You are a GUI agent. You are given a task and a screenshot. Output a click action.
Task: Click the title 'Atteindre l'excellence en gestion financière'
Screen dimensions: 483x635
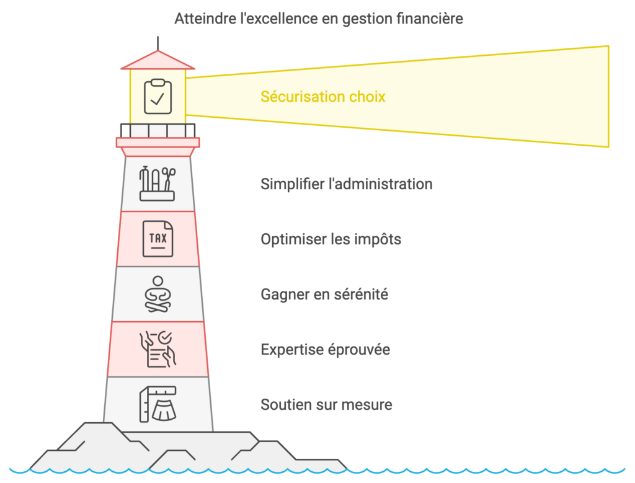coord(318,19)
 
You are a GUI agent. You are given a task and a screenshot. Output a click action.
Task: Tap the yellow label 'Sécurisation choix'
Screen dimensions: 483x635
coord(323,97)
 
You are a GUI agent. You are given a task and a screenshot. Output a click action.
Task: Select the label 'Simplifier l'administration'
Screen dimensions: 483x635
coord(347,184)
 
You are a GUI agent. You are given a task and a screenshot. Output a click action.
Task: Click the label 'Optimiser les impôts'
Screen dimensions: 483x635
coord(331,239)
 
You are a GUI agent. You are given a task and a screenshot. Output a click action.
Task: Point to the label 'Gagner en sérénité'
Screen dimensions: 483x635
coord(324,295)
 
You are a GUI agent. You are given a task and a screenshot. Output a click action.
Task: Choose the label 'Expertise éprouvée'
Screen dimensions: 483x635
coord(325,350)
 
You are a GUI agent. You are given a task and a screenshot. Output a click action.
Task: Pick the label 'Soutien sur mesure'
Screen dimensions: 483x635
coord(326,405)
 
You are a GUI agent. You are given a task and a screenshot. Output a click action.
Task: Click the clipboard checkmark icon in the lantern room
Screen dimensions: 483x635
coord(158,96)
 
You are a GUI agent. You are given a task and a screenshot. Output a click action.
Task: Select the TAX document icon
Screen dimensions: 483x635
coord(158,239)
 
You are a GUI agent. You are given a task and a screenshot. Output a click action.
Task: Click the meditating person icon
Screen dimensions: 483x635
coord(158,294)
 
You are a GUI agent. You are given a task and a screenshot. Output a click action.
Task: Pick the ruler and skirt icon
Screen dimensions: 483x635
coord(158,404)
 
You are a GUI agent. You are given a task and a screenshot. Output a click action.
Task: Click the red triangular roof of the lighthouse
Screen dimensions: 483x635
coord(158,61)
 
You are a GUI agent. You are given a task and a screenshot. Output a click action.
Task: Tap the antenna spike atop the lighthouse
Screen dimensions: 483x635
coord(158,42)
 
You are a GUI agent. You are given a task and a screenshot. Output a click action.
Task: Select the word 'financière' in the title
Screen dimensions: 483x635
coord(430,19)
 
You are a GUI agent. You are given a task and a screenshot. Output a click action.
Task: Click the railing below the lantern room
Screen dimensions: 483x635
coord(158,130)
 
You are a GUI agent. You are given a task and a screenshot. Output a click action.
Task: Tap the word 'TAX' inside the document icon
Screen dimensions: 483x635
coord(158,237)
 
